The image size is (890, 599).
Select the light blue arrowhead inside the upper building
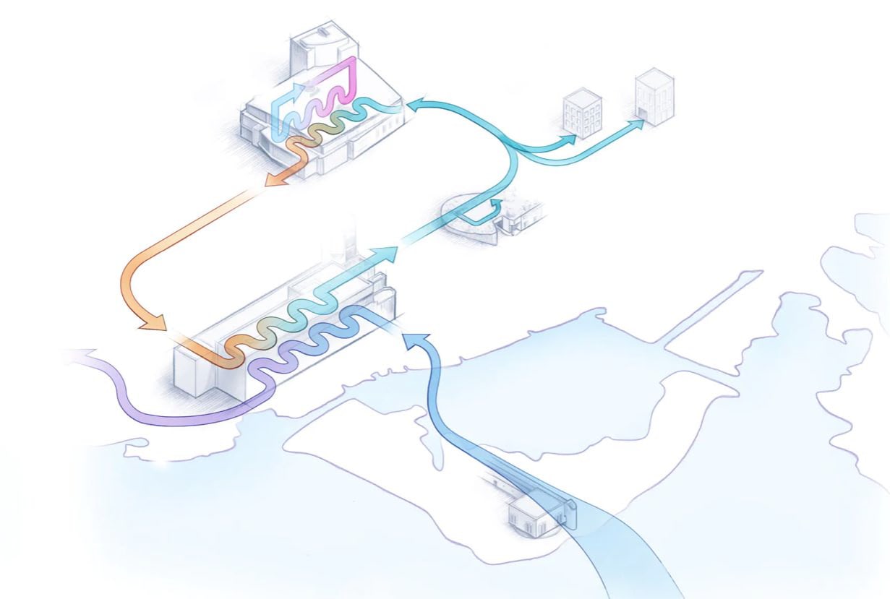click(x=299, y=92)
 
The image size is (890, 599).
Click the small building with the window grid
click(x=583, y=113)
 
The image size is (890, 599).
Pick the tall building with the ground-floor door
click(x=654, y=96)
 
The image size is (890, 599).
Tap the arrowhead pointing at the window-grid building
click(x=570, y=138)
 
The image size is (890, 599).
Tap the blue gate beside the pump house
click(x=567, y=514)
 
